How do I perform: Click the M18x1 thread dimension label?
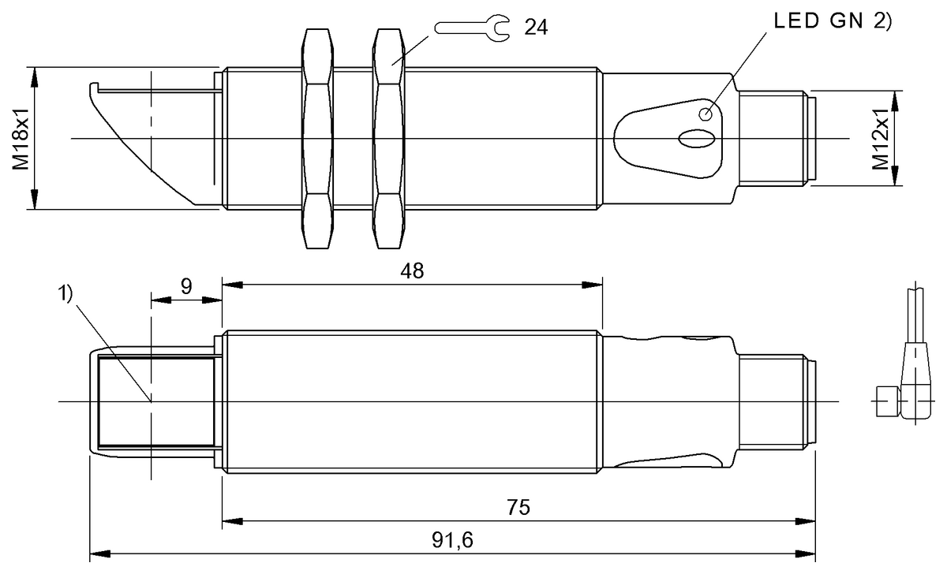tap(21, 139)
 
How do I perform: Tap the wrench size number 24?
tap(536, 27)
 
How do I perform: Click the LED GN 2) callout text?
tap(831, 22)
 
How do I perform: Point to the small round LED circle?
tap(706, 114)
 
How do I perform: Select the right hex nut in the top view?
tap(390, 139)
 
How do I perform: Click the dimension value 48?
tap(412, 271)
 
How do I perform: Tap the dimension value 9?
tap(185, 286)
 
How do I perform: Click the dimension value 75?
tap(518, 507)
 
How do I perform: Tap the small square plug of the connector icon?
tap(887, 402)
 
